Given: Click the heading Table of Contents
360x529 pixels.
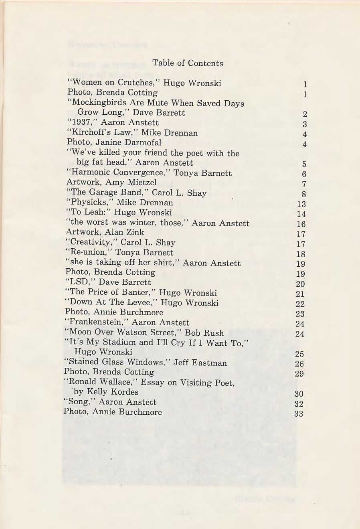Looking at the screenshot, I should [188, 63].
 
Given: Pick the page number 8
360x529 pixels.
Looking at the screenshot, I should [304, 194].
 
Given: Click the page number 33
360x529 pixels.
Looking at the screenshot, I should [299, 414].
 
